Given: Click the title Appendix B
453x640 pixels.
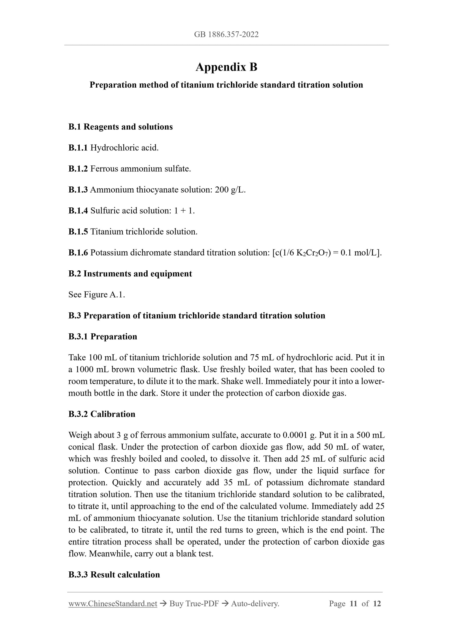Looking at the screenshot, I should click(226, 67).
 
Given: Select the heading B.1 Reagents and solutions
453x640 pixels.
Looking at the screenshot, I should click(121, 127).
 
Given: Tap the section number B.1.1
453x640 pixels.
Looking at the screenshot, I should click(78, 148).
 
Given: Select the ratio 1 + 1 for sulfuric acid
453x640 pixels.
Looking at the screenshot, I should click(184, 211).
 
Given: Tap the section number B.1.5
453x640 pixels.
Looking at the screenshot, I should click(78, 232).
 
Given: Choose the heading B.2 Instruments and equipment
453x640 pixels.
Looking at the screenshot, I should click(130, 274).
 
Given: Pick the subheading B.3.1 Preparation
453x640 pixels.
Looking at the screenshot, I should click(103, 337).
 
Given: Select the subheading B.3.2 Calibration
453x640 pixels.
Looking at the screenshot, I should click(102, 414).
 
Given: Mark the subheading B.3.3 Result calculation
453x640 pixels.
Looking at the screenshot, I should click(114, 575).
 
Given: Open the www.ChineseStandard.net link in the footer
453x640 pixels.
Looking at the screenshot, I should click(113, 604).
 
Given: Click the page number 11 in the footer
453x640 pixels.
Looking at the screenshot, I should click(353, 604).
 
